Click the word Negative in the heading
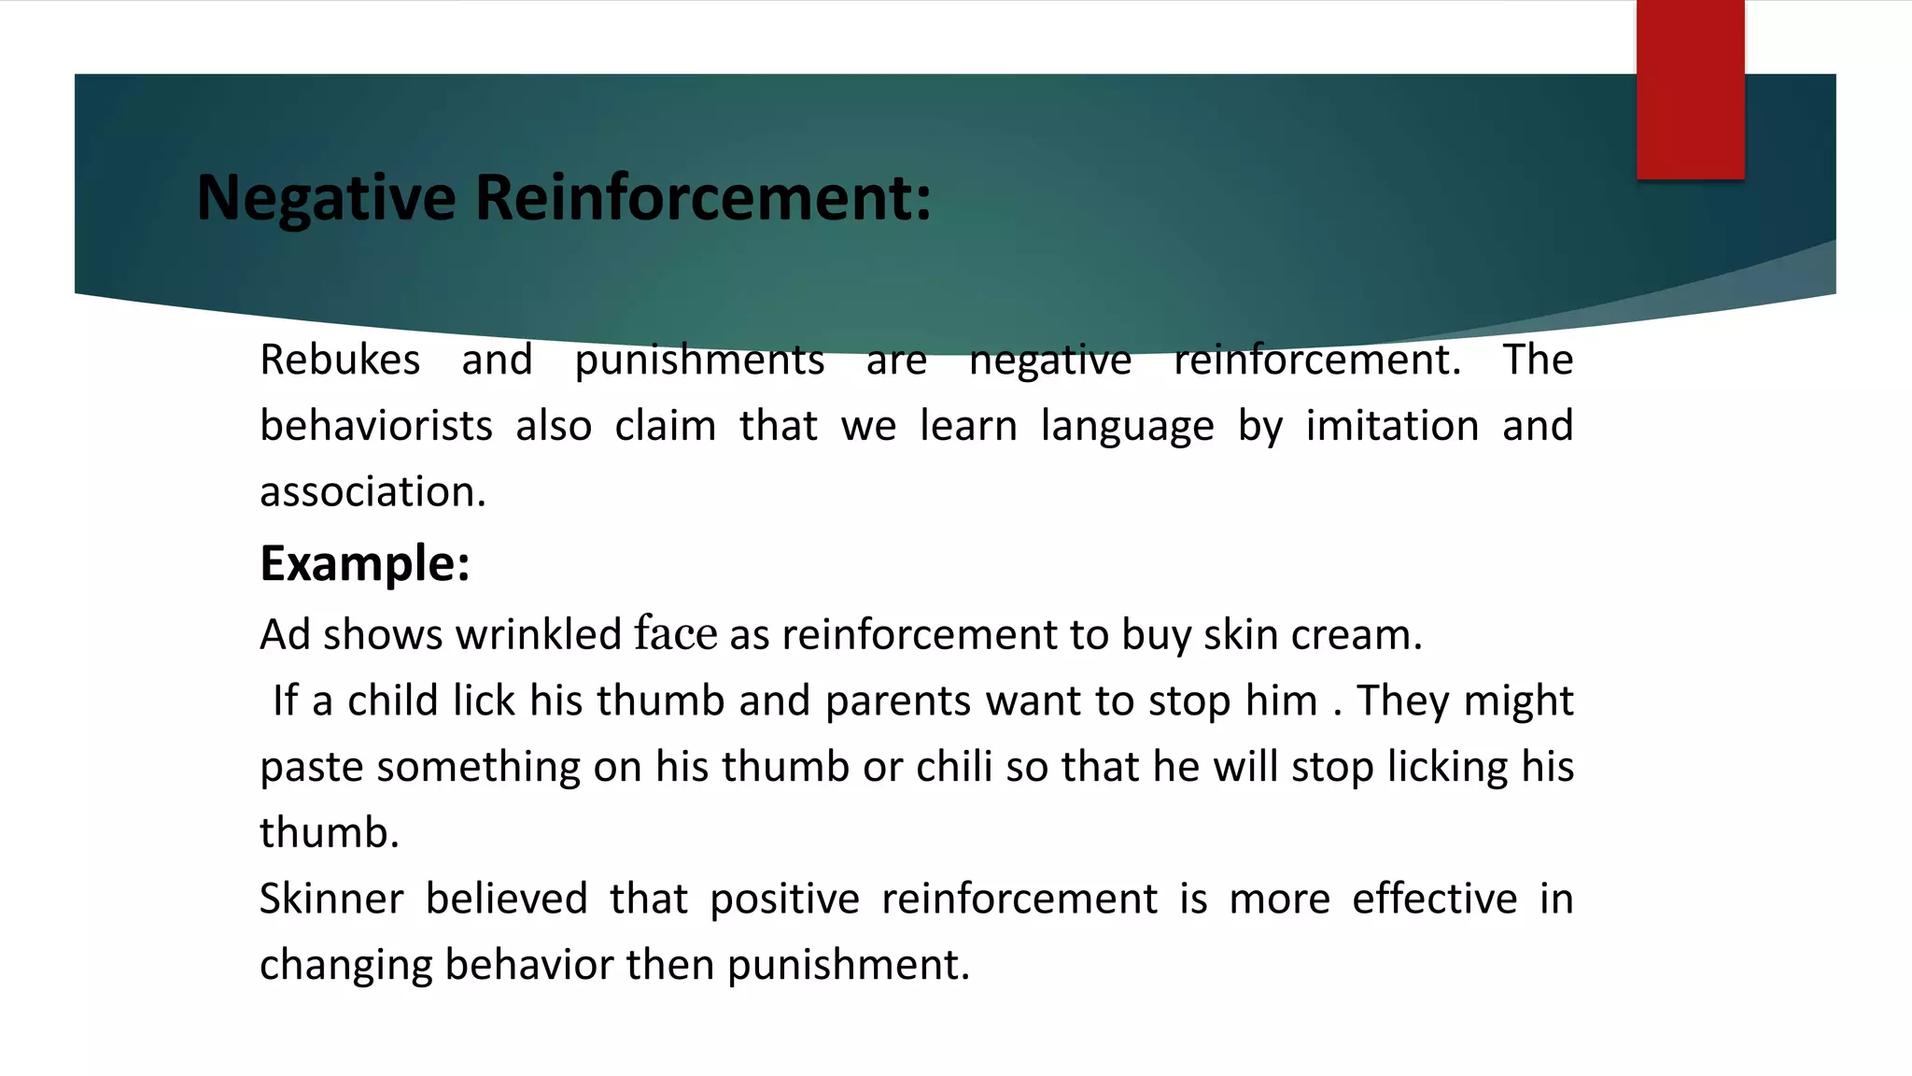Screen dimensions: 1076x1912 pos(327,198)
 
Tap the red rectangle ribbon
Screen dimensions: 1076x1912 pos(1690,90)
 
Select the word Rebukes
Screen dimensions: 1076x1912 pos(340,360)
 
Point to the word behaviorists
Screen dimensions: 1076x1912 pos(375,426)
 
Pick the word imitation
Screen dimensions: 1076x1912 pos(1391,426)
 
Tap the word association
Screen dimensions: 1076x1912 pos(373,492)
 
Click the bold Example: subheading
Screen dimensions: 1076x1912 pos(364,563)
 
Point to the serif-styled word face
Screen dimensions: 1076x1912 pos(676,634)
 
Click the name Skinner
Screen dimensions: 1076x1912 pos(331,899)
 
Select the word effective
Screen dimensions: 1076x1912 pos(1434,899)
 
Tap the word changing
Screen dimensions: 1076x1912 pos(345,966)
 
